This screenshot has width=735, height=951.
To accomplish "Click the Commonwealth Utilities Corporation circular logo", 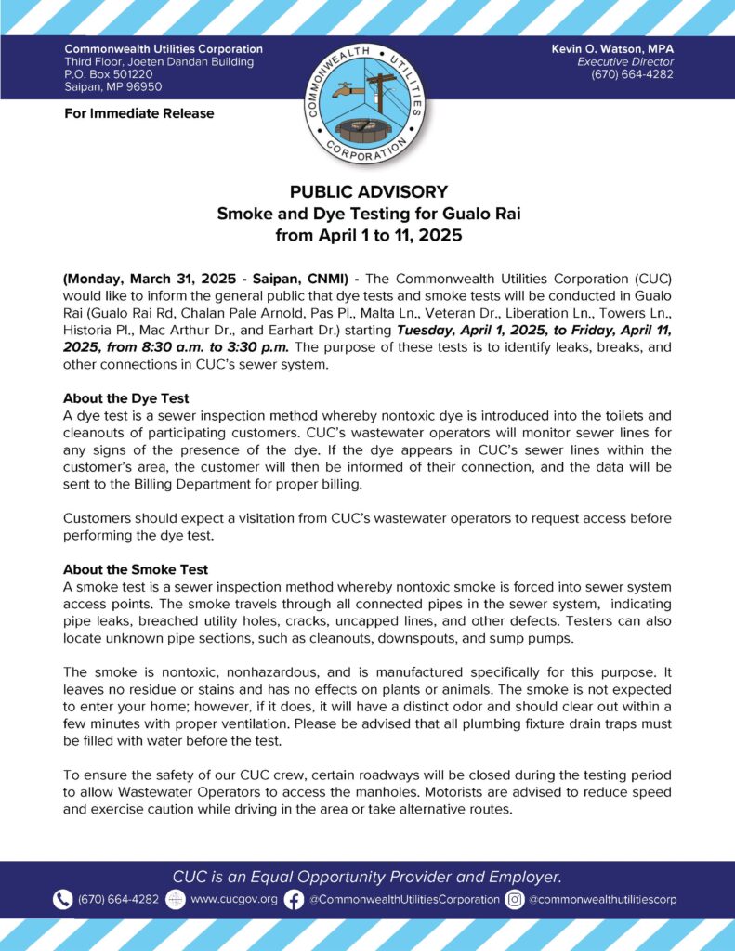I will pos(367,98).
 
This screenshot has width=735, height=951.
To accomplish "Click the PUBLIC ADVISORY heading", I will pos(368,192).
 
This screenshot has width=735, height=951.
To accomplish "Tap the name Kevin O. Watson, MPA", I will pos(628,48).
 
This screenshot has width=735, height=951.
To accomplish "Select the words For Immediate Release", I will pos(138,113).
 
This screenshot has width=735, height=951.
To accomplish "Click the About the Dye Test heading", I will pos(125,398).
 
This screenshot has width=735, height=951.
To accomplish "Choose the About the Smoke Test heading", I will pos(135,569).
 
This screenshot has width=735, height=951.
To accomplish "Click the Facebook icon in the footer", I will pos(294,899).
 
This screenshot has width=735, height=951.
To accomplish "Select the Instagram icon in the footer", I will pos(515,899).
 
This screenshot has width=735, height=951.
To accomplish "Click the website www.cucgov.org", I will pos(233,899).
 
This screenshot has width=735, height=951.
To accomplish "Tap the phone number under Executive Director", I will pos(632,74).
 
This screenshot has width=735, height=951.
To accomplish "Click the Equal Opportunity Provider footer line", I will pos(367,877).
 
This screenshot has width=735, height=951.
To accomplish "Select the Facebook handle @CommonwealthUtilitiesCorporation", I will pos(404,899).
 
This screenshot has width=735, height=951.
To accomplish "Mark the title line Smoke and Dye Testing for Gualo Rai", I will pos(368,214).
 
